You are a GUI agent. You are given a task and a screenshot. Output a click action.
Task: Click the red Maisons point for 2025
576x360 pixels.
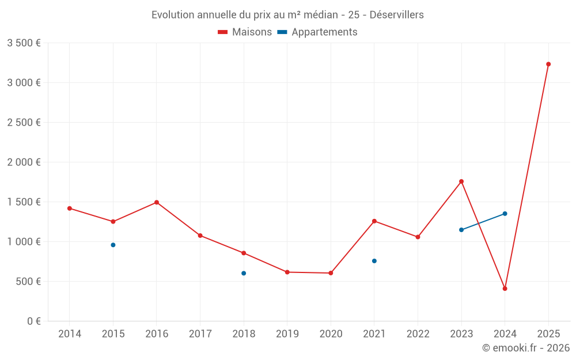(x=548, y=64)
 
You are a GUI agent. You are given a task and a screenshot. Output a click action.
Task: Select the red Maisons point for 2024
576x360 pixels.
(x=505, y=289)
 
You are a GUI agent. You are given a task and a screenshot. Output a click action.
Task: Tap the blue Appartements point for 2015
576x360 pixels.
(x=113, y=245)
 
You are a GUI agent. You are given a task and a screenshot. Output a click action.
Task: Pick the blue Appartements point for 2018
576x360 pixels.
(x=244, y=273)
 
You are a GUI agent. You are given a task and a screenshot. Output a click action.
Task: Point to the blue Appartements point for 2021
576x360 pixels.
(x=374, y=261)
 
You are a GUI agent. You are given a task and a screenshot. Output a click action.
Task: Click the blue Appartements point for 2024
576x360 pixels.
(x=505, y=214)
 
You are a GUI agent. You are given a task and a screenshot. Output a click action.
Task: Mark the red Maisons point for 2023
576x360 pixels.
(x=461, y=181)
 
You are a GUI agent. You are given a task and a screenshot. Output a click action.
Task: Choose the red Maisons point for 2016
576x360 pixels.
(x=157, y=202)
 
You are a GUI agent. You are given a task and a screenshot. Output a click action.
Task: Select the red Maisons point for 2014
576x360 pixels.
(x=70, y=209)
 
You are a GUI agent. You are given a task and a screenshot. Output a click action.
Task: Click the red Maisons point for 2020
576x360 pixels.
(x=331, y=273)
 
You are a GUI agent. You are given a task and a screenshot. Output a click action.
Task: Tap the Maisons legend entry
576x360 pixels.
(x=245, y=32)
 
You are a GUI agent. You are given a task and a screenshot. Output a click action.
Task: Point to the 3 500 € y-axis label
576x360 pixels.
(x=24, y=43)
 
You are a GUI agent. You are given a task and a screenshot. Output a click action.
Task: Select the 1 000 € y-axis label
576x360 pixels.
(x=24, y=242)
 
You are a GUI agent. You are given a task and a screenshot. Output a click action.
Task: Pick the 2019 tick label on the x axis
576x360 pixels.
(x=287, y=334)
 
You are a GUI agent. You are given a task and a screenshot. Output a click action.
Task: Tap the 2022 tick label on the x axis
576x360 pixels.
(x=418, y=334)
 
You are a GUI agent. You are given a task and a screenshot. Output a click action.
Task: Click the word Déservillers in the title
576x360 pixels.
(x=396, y=15)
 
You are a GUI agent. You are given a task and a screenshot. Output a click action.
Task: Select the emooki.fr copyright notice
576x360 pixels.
(x=525, y=348)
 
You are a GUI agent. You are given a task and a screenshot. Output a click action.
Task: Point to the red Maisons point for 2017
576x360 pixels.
(x=200, y=236)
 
